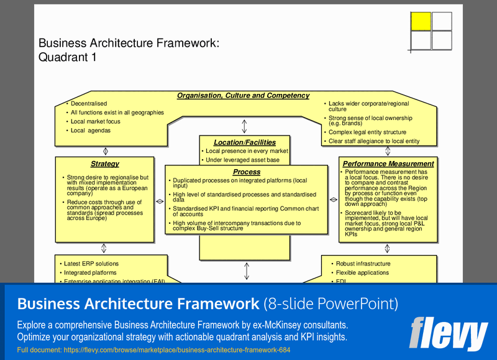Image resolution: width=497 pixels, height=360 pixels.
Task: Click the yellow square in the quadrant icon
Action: pyautogui.click(x=421, y=21)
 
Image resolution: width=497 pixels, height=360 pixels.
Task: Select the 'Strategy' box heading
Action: pyautogui.click(x=104, y=164)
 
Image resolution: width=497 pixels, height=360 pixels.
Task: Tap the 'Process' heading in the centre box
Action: pyautogui.click(x=247, y=172)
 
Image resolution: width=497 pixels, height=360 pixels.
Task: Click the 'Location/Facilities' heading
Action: pyautogui.click(x=244, y=142)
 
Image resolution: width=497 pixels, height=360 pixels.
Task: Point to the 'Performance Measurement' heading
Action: pyautogui.click(x=388, y=164)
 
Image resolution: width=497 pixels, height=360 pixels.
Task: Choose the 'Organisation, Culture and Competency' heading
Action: pyautogui.click(x=243, y=96)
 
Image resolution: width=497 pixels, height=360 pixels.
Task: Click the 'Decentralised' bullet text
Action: pyautogui.click(x=89, y=104)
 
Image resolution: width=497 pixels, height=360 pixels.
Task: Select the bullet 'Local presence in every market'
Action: pyautogui.click(x=247, y=151)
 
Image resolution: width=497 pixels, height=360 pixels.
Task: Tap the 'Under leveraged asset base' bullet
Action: pyautogui.click(x=242, y=160)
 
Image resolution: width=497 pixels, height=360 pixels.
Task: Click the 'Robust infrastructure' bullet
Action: pyautogui.click(x=363, y=264)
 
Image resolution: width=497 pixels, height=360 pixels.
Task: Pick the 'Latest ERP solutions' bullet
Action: pyautogui.click(x=91, y=264)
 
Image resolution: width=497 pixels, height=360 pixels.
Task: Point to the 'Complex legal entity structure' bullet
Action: pyautogui.click(x=367, y=132)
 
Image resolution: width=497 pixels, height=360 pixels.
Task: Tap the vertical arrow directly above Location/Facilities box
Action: pyautogui.click(x=244, y=126)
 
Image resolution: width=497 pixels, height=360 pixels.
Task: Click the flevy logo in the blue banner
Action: pyautogui.click(x=448, y=333)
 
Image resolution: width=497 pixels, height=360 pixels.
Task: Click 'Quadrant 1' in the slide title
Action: pyautogui.click(x=67, y=57)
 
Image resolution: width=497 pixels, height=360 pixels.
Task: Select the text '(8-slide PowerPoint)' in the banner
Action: pyautogui.click(x=331, y=304)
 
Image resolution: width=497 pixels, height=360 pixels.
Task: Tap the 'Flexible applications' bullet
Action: pyautogui.click(x=363, y=273)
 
